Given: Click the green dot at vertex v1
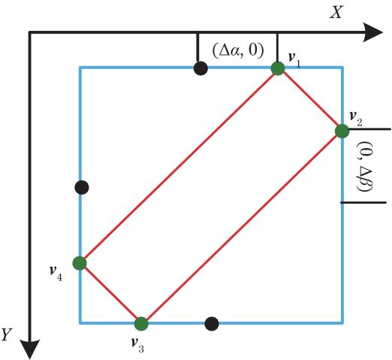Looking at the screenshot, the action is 278,68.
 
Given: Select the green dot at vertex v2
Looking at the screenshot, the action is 342,131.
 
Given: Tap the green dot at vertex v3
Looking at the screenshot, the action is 141,324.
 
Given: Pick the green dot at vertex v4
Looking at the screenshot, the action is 80,263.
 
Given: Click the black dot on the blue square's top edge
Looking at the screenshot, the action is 201,68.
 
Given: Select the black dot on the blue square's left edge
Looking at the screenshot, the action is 82,187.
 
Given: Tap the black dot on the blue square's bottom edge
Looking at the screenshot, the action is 212,324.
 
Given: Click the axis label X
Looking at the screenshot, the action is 336,13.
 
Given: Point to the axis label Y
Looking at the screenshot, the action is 7,334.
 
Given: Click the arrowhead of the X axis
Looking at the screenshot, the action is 373,32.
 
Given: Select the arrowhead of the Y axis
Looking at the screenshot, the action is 30,349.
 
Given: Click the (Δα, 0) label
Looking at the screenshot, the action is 238,51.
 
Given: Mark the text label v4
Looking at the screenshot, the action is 56,274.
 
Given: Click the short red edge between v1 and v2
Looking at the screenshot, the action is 310,100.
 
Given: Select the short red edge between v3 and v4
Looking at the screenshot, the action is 110,294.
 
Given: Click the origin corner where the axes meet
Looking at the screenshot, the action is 30,32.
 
